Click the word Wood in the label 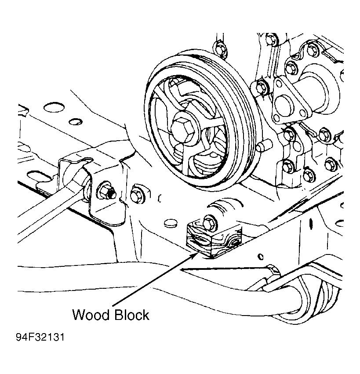click(91, 315)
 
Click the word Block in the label click(132, 315)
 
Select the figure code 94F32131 click(40, 337)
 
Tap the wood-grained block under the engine click(214, 239)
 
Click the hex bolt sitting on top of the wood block click(210, 222)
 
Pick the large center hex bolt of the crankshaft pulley click(183, 131)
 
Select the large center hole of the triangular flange click(284, 105)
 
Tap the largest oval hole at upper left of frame click(54, 107)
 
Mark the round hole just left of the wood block click(171, 223)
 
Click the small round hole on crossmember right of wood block click(261, 257)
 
